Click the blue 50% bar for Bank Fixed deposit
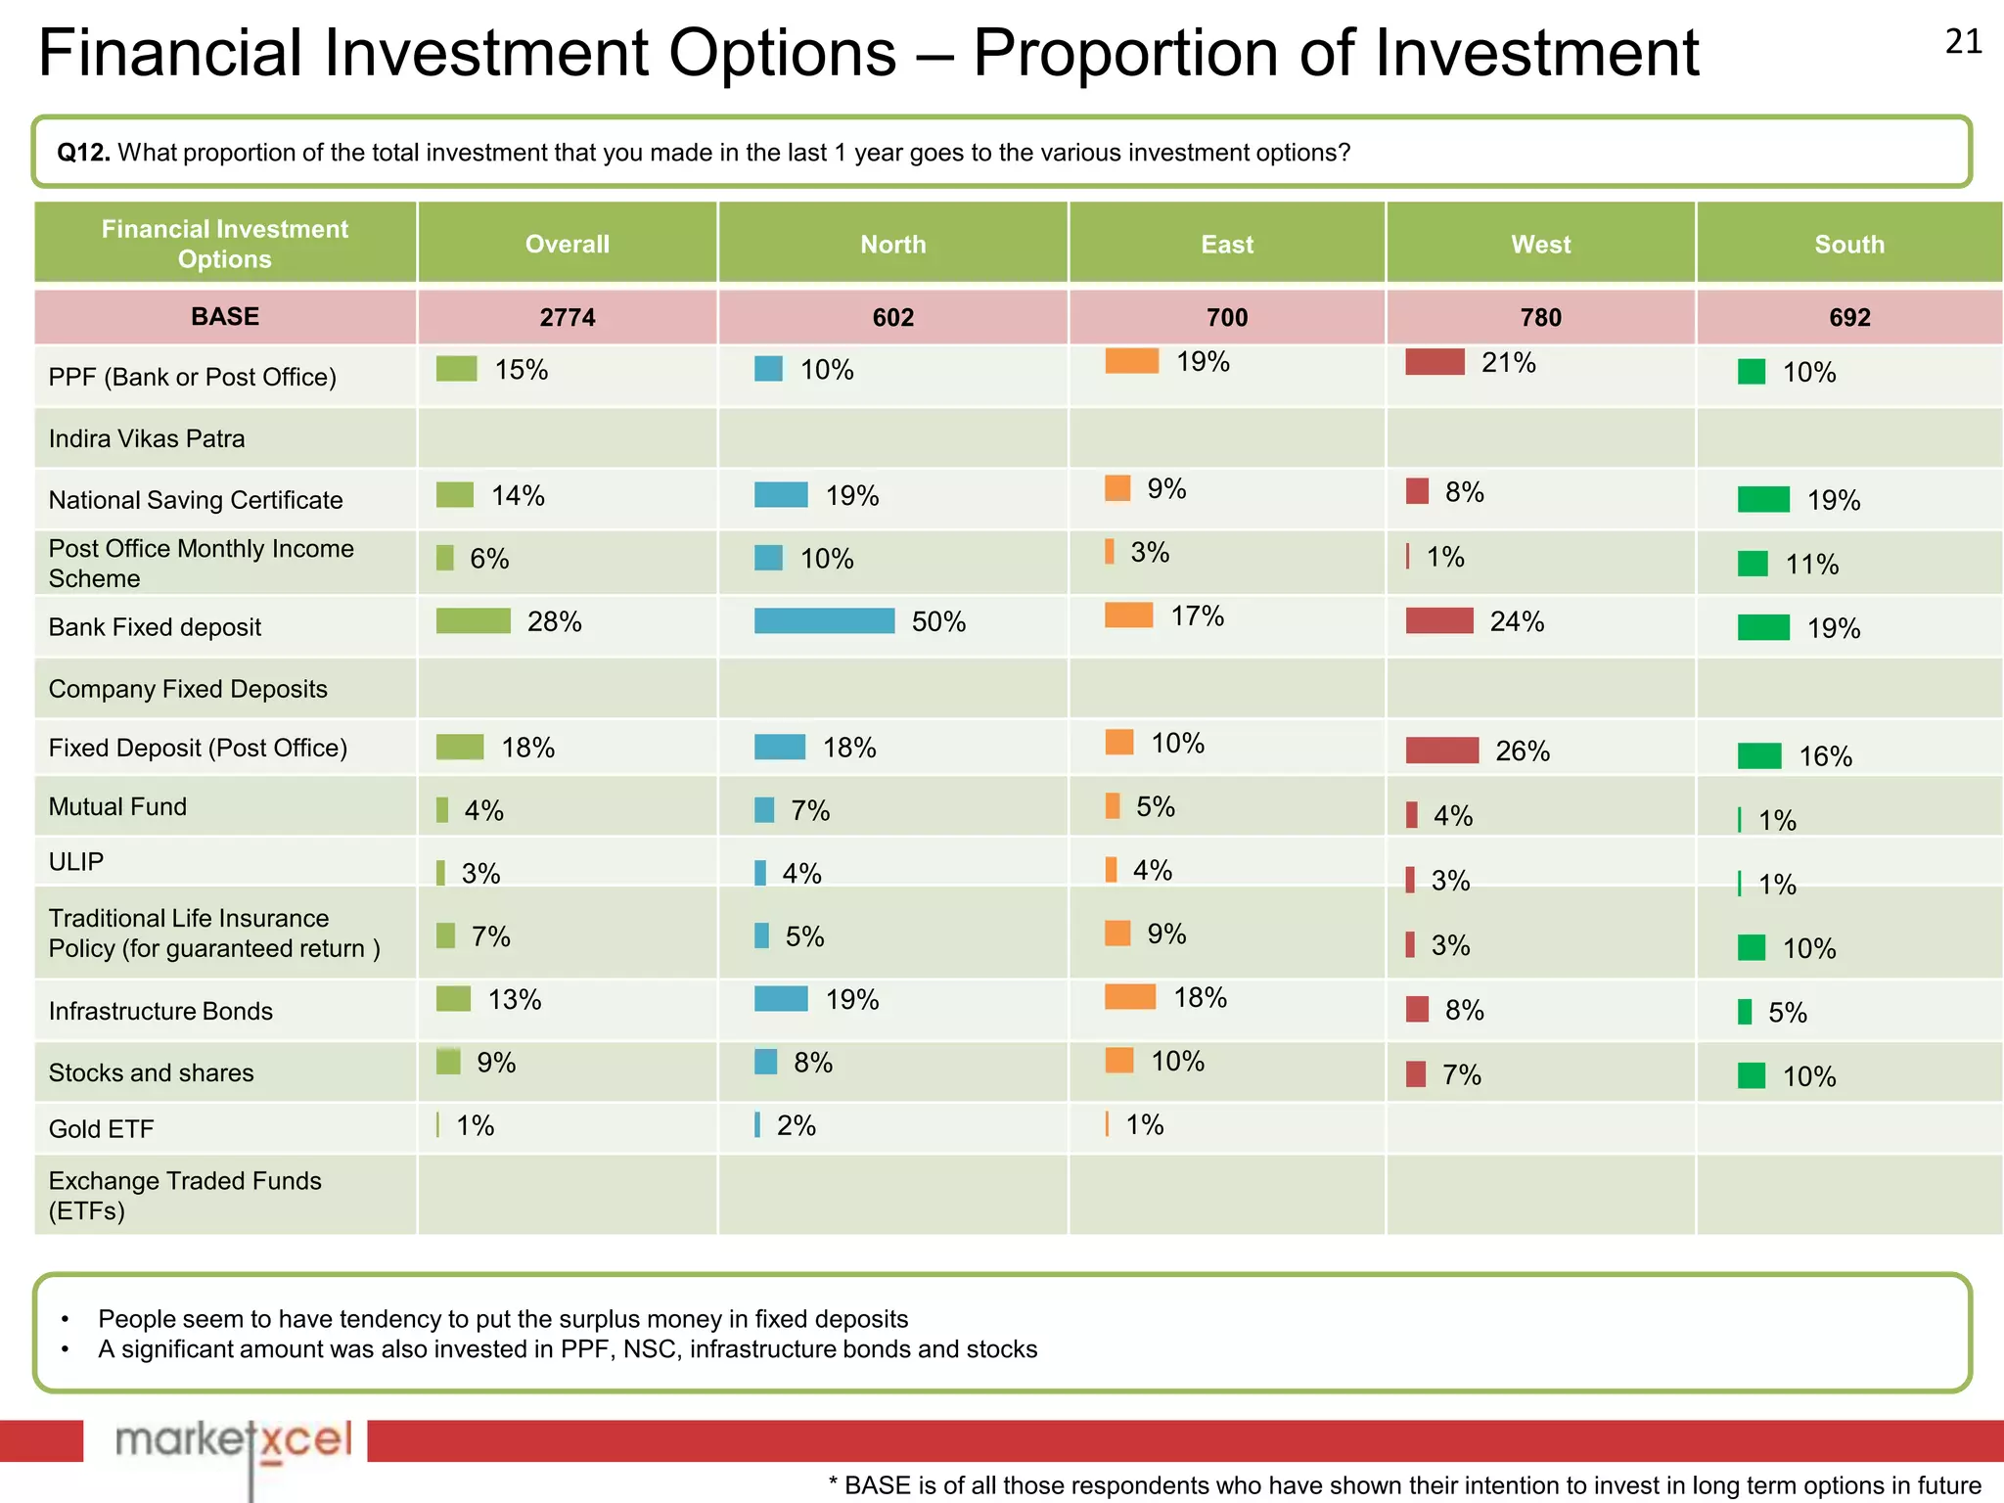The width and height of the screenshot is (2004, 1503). (x=824, y=621)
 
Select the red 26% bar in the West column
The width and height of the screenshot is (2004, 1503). (x=1441, y=751)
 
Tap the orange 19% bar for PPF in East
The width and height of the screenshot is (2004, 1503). (x=1131, y=361)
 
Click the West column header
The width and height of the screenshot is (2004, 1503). (x=1540, y=245)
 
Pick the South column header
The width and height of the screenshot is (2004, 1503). (x=1848, y=245)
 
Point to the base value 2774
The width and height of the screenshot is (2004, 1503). (x=567, y=318)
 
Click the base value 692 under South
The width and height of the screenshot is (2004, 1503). (x=1848, y=318)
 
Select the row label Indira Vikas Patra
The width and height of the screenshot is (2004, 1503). (x=147, y=438)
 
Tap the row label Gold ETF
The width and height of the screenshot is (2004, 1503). (x=101, y=1129)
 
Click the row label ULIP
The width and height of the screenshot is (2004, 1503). (x=76, y=862)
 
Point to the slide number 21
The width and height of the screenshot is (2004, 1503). (x=1963, y=42)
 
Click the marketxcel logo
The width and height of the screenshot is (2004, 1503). (x=232, y=1441)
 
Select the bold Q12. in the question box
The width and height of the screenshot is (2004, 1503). (x=83, y=153)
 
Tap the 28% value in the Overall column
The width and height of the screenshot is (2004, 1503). (x=554, y=622)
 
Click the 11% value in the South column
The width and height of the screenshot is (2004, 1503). (x=1811, y=565)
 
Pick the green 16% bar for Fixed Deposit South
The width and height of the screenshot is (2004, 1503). (x=1759, y=755)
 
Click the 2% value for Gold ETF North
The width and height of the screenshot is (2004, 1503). (x=796, y=1126)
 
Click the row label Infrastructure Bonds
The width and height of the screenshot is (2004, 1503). (x=160, y=1011)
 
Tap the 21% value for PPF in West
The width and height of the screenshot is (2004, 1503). (x=1508, y=363)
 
